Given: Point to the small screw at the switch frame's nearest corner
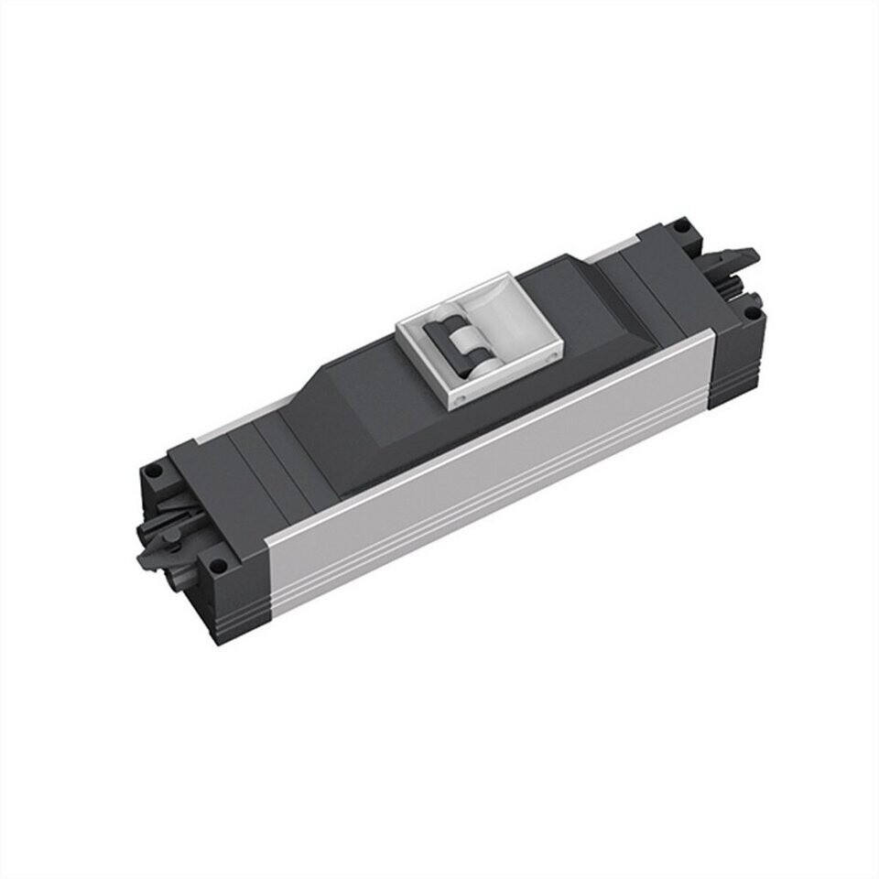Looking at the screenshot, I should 460,400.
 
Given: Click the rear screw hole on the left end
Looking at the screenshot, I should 153,472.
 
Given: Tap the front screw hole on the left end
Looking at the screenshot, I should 219,565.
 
